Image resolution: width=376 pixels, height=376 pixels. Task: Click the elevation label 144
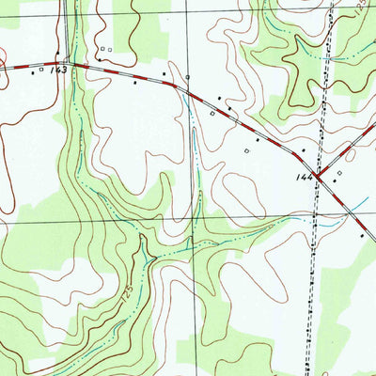[304, 176]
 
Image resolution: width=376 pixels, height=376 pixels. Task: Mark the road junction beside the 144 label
[318, 176]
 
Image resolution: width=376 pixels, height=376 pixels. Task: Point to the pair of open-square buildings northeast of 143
[105, 49]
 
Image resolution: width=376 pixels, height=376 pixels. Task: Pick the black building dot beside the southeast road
[363, 237]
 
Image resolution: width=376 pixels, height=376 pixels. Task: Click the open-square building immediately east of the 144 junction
[339, 173]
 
